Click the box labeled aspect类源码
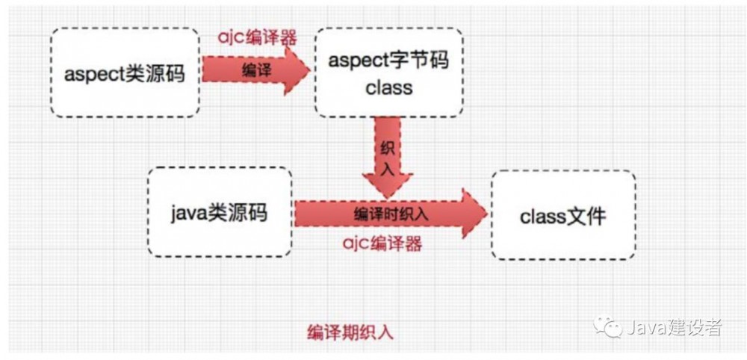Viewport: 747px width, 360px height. (125, 73)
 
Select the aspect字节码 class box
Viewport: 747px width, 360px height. (388, 72)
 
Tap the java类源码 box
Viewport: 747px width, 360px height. (220, 212)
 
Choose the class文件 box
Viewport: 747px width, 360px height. (563, 215)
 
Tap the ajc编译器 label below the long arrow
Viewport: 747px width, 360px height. (382, 243)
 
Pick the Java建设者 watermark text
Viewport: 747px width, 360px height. (673, 326)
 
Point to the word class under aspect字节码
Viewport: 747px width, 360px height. (388, 87)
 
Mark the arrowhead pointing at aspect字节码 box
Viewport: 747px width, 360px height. (298, 69)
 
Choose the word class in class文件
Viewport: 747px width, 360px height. (543, 216)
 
